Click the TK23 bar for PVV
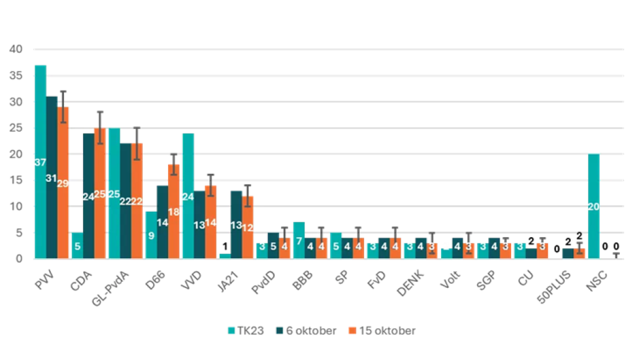coord(40,161)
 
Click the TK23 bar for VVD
coord(188,196)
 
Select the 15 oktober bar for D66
coord(174,211)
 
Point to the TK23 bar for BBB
coord(299,240)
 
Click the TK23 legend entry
coord(246,331)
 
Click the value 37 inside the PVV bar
coord(40,162)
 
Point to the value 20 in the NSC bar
coord(592,207)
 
